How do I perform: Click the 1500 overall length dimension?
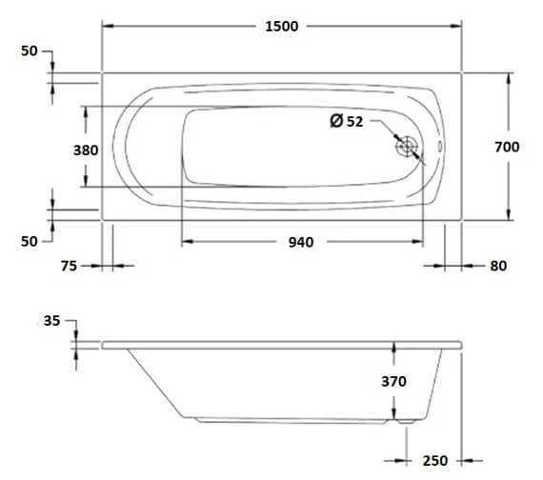pos(281,26)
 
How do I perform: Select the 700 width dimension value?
pos(507,147)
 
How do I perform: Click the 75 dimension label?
pos(68,268)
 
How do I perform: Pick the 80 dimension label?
pos(497,268)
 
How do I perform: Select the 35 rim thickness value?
pos(51,322)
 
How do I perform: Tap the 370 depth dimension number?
pos(393,381)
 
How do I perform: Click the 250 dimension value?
pos(434,461)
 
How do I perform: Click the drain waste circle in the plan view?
pos(408,148)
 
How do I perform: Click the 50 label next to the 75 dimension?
pos(29,241)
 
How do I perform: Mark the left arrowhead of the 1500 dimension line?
pos(107,26)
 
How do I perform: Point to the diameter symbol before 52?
pos(335,121)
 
